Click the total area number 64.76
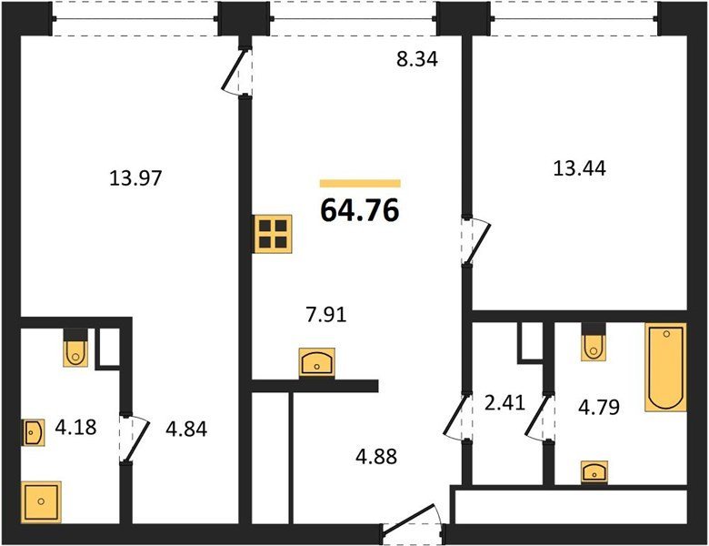coord(360,210)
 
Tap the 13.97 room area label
coord(135,178)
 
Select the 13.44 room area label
coord(580,168)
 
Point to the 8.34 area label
coord(417,59)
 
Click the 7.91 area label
coord(326,315)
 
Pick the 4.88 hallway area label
coord(376,456)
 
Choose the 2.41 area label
coord(504,402)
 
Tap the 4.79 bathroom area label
coord(599,407)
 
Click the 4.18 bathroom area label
coord(76,427)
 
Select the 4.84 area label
coord(186,429)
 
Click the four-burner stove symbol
coord(273,234)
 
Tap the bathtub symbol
coord(665,367)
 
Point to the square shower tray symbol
coord(41,501)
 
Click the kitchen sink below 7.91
coord(317,362)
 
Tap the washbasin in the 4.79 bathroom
coord(594,472)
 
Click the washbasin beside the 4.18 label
coord(34,432)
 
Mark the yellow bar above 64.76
coord(360,183)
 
